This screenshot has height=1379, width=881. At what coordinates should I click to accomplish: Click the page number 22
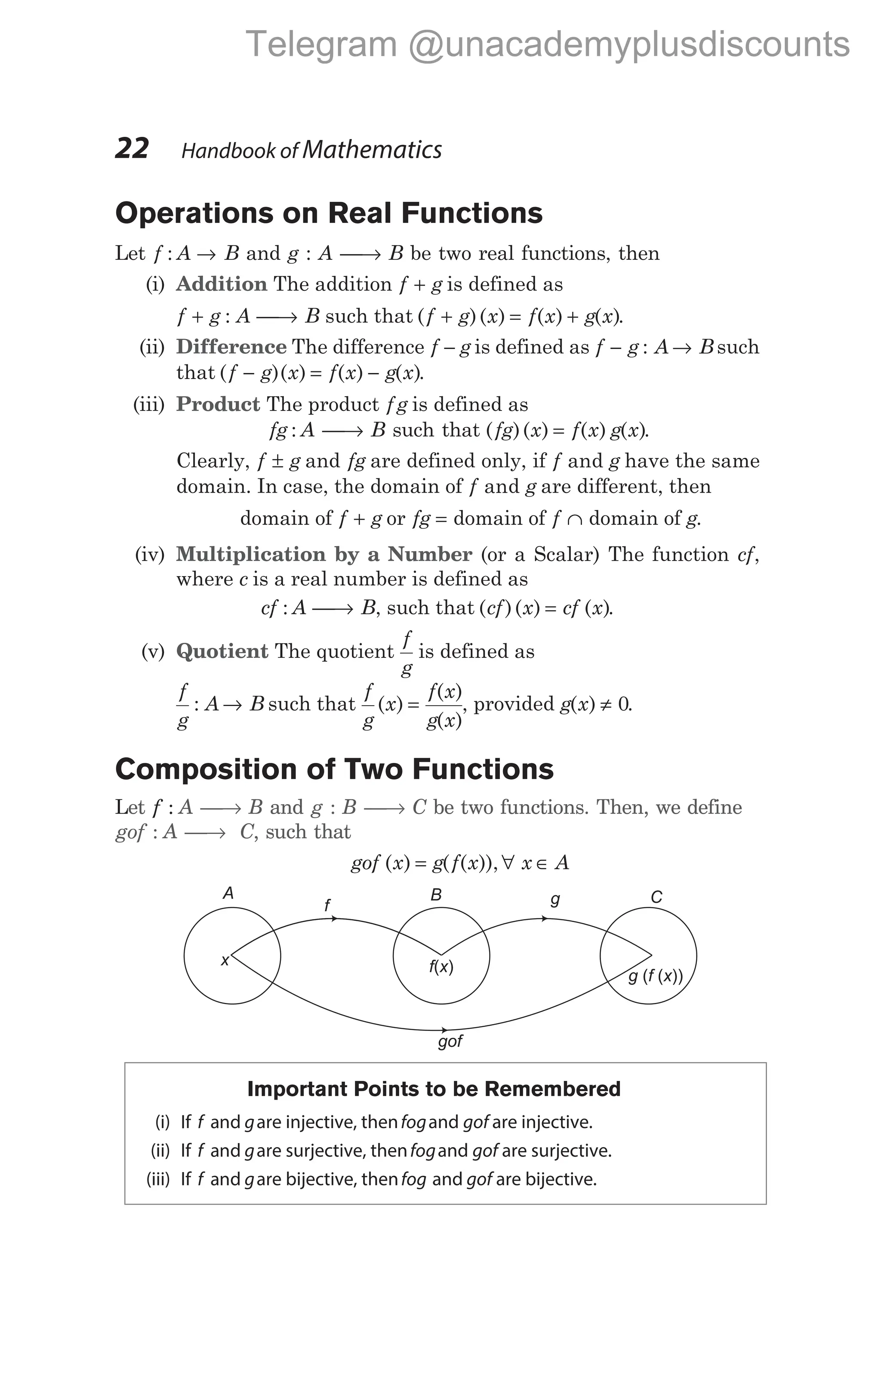pyautogui.click(x=132, y=148)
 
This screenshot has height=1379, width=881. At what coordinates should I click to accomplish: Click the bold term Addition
pyautogui.click(x=222, y=284)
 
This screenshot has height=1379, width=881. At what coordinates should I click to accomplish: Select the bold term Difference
pyautogui.click(x=231, y=347)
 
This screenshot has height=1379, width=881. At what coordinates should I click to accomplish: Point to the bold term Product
pyautogui.click(x=218, y=404)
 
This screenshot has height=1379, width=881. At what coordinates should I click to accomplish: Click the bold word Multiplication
pyautogui.click(x=251, y=554)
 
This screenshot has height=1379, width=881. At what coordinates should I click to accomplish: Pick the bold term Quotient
pyautogui.click(x=222, y=651)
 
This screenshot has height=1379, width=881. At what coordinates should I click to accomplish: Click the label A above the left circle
pyautogui.click(x=228, y=893)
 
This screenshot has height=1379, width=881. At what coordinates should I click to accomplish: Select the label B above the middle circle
pyautogui.click(x=436, y=895)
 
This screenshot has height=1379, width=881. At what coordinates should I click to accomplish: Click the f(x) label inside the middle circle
pyautogui.click(x=441, y=967)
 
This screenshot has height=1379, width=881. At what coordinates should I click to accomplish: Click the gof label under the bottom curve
pyautogui.click(x=450, y=1041)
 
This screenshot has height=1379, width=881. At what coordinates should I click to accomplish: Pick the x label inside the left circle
pyautogui.click(x=225, y=960)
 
